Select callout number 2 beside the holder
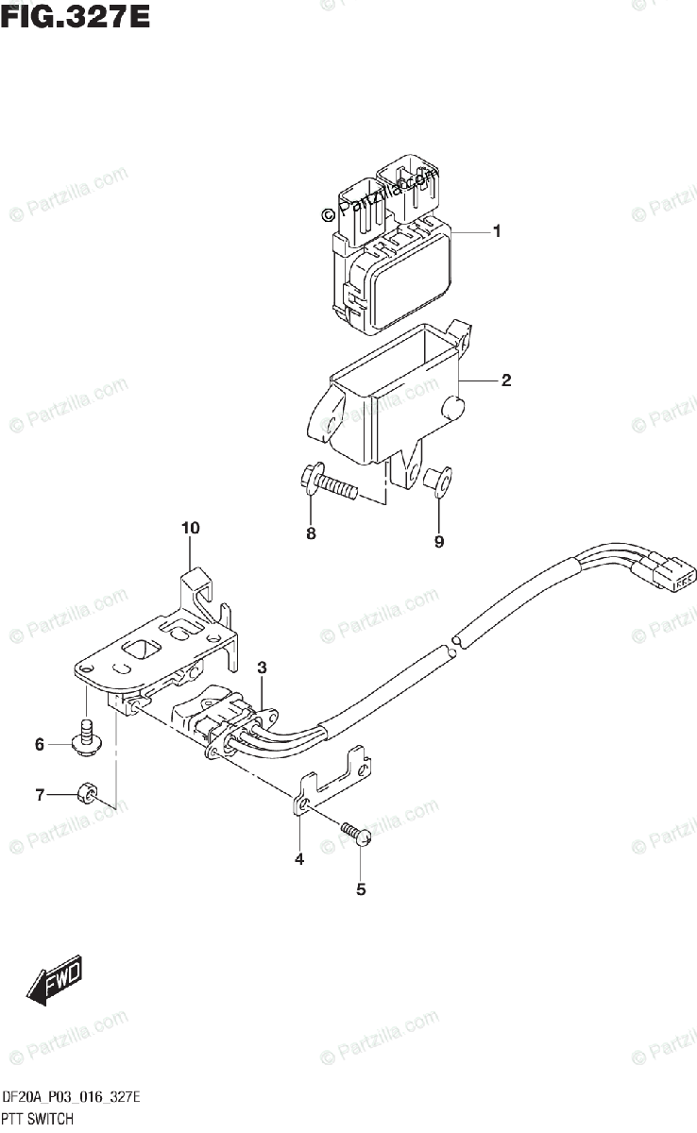[506, 380]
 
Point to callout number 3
[262, 668]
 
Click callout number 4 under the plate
[298, 859]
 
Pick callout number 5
[360, 888]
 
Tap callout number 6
[40, 745]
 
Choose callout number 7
[40, 795]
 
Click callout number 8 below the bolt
[311, 534]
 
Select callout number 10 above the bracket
[191, 528]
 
